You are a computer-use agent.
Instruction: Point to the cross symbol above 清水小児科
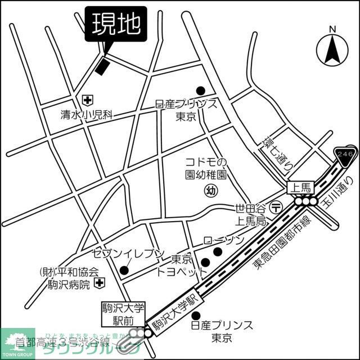(88, 100)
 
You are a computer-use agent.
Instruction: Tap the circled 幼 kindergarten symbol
(211, 191)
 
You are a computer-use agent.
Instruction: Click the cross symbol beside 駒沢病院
(99, 281)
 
